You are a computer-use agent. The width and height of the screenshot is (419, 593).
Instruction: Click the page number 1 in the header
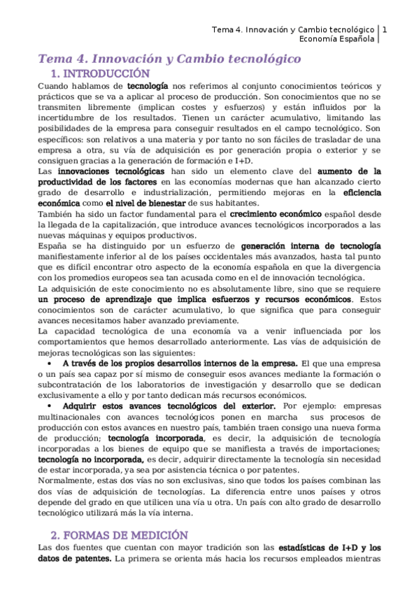384,29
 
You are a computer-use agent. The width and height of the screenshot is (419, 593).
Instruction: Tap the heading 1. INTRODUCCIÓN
101,73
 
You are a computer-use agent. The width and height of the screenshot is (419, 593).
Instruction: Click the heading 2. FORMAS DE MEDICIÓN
115,535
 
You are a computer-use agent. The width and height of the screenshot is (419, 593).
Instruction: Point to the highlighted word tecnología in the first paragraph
147,85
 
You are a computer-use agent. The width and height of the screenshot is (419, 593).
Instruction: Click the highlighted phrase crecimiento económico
276,213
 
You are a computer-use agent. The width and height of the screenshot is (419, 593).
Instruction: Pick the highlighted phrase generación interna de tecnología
311,246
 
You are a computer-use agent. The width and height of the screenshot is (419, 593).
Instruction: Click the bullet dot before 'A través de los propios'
48,364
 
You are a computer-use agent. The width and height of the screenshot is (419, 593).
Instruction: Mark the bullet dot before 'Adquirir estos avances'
48,406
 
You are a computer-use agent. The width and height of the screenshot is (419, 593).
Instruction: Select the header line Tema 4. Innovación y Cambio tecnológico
292,29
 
